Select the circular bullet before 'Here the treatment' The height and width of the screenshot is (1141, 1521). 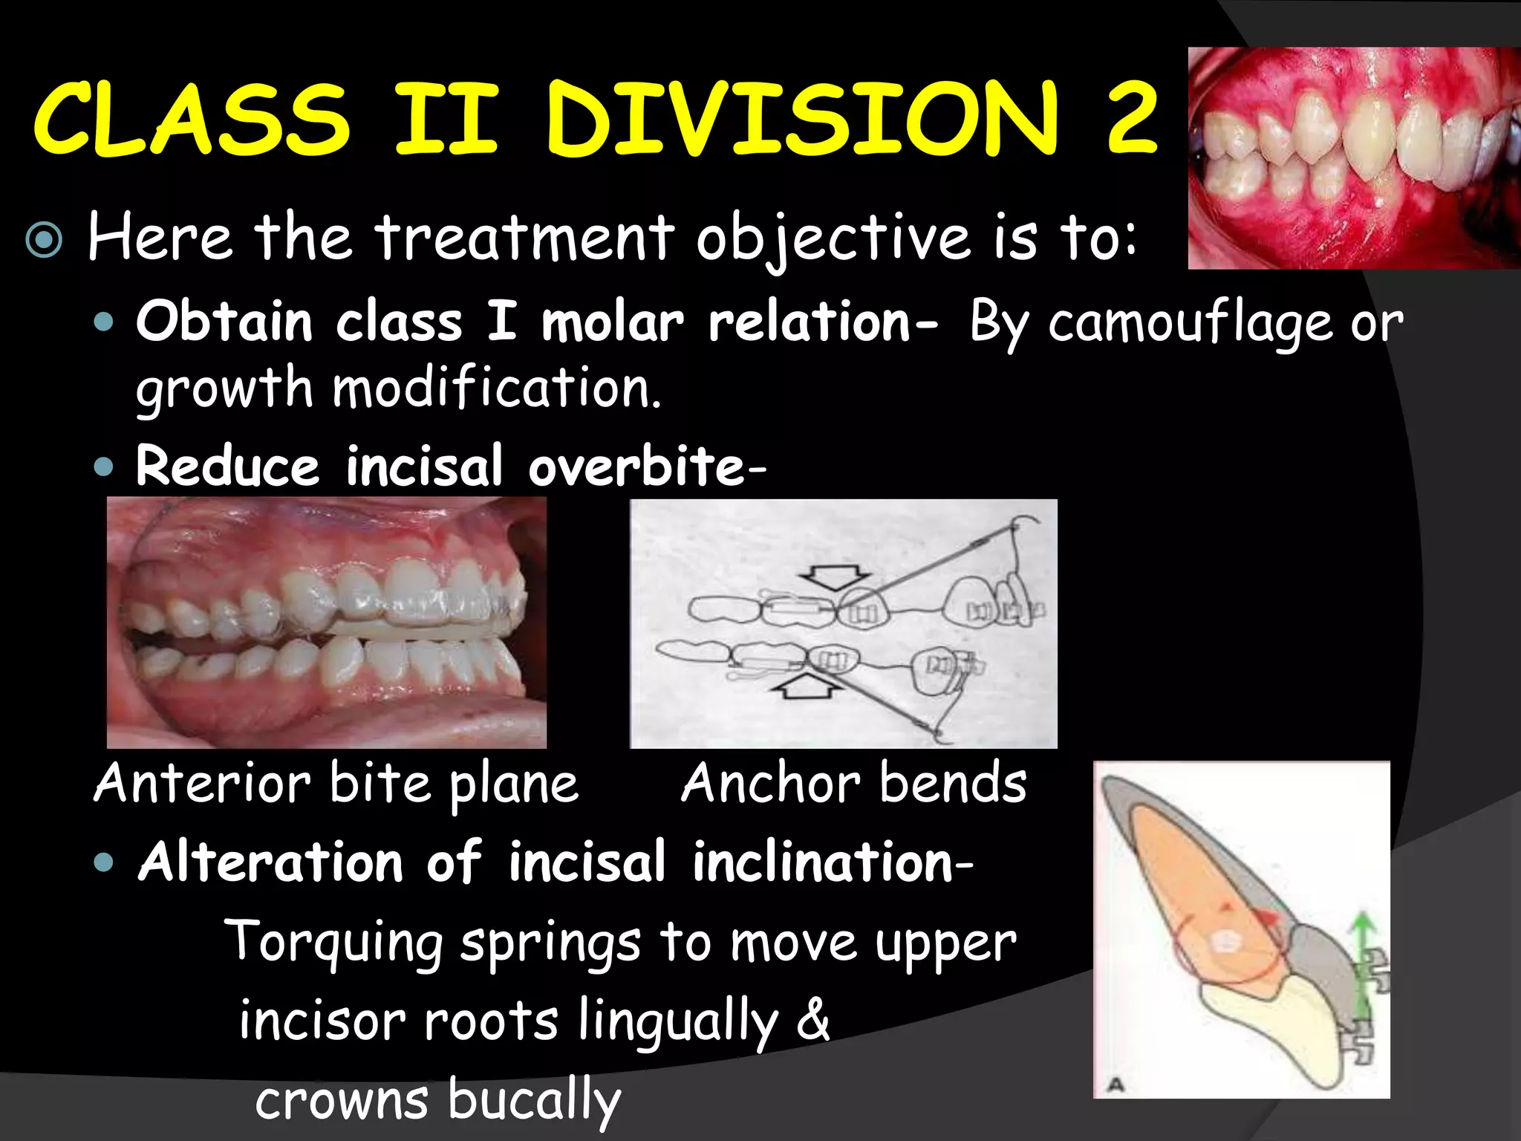(44, 240)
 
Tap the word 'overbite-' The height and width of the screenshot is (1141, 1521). (647, 467)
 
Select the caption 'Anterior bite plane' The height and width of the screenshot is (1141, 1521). (336, 784)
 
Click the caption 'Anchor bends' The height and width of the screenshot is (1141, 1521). (854, 784)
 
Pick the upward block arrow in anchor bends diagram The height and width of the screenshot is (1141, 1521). (807, 686)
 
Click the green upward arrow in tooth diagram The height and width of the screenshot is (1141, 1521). (1361, 958)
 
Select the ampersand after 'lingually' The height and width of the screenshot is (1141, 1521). (812, 1021)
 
